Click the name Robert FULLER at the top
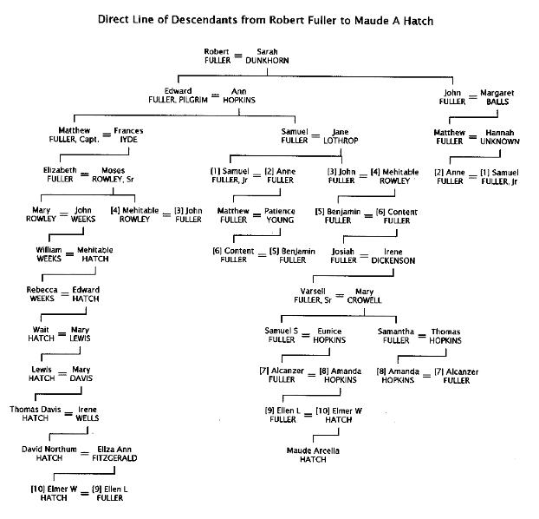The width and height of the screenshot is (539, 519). click(217, 56)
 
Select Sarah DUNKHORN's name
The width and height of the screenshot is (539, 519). click(267, 56)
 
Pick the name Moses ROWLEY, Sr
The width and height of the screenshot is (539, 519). click(114, 174)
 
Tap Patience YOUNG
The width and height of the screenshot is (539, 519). click(280, 215)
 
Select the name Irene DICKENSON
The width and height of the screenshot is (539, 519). click(387, 256)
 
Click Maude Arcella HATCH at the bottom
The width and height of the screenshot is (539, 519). click(314, 455)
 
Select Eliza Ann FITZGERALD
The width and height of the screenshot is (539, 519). click(110, 453)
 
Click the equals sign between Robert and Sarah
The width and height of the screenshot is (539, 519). click(239, 56)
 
